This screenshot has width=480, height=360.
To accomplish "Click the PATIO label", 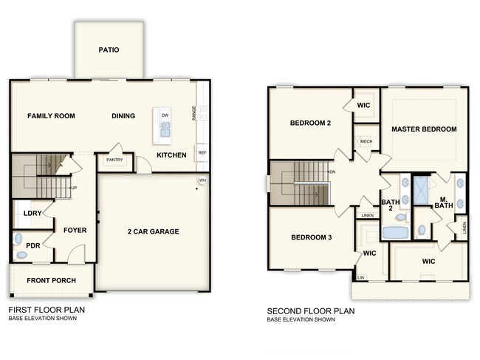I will pos(109,50).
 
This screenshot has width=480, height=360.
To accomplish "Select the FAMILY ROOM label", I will pos(52,116).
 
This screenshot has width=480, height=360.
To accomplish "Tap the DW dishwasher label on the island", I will pos(165,115).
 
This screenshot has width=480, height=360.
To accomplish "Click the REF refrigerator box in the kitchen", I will pos(202,153).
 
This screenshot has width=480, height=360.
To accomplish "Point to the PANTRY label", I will pos(114,160).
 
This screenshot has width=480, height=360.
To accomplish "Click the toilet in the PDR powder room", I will pos(21,254).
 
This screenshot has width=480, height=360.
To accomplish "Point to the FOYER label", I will pos(75,230).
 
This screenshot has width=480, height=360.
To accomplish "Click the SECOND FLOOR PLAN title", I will pos(312,311).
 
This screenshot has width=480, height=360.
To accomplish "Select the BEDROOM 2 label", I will pos(310,123).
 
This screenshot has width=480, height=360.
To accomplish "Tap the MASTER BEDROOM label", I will pos(424,129).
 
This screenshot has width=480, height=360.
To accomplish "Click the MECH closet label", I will pos(366,140).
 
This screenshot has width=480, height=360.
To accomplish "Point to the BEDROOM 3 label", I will pos(310,237).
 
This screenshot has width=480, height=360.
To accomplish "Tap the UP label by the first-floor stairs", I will pos(74,189).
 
